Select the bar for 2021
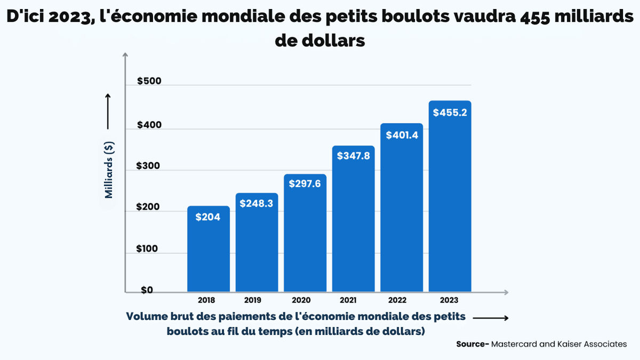[353, 224]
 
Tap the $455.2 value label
[450, 113]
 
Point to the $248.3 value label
[257, 204]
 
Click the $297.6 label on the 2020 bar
[305, 183]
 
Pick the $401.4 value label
[401, 135]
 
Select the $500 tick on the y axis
[149, 82]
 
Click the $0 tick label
[147, 290]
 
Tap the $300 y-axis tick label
[149, 166]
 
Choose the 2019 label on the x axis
[257, 300]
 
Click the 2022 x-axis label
[401, 300]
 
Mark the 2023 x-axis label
[450, 300]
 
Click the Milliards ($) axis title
[109, 169]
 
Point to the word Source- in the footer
[473, 344]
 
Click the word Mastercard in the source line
[514, 344]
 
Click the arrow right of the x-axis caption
[491, 318]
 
